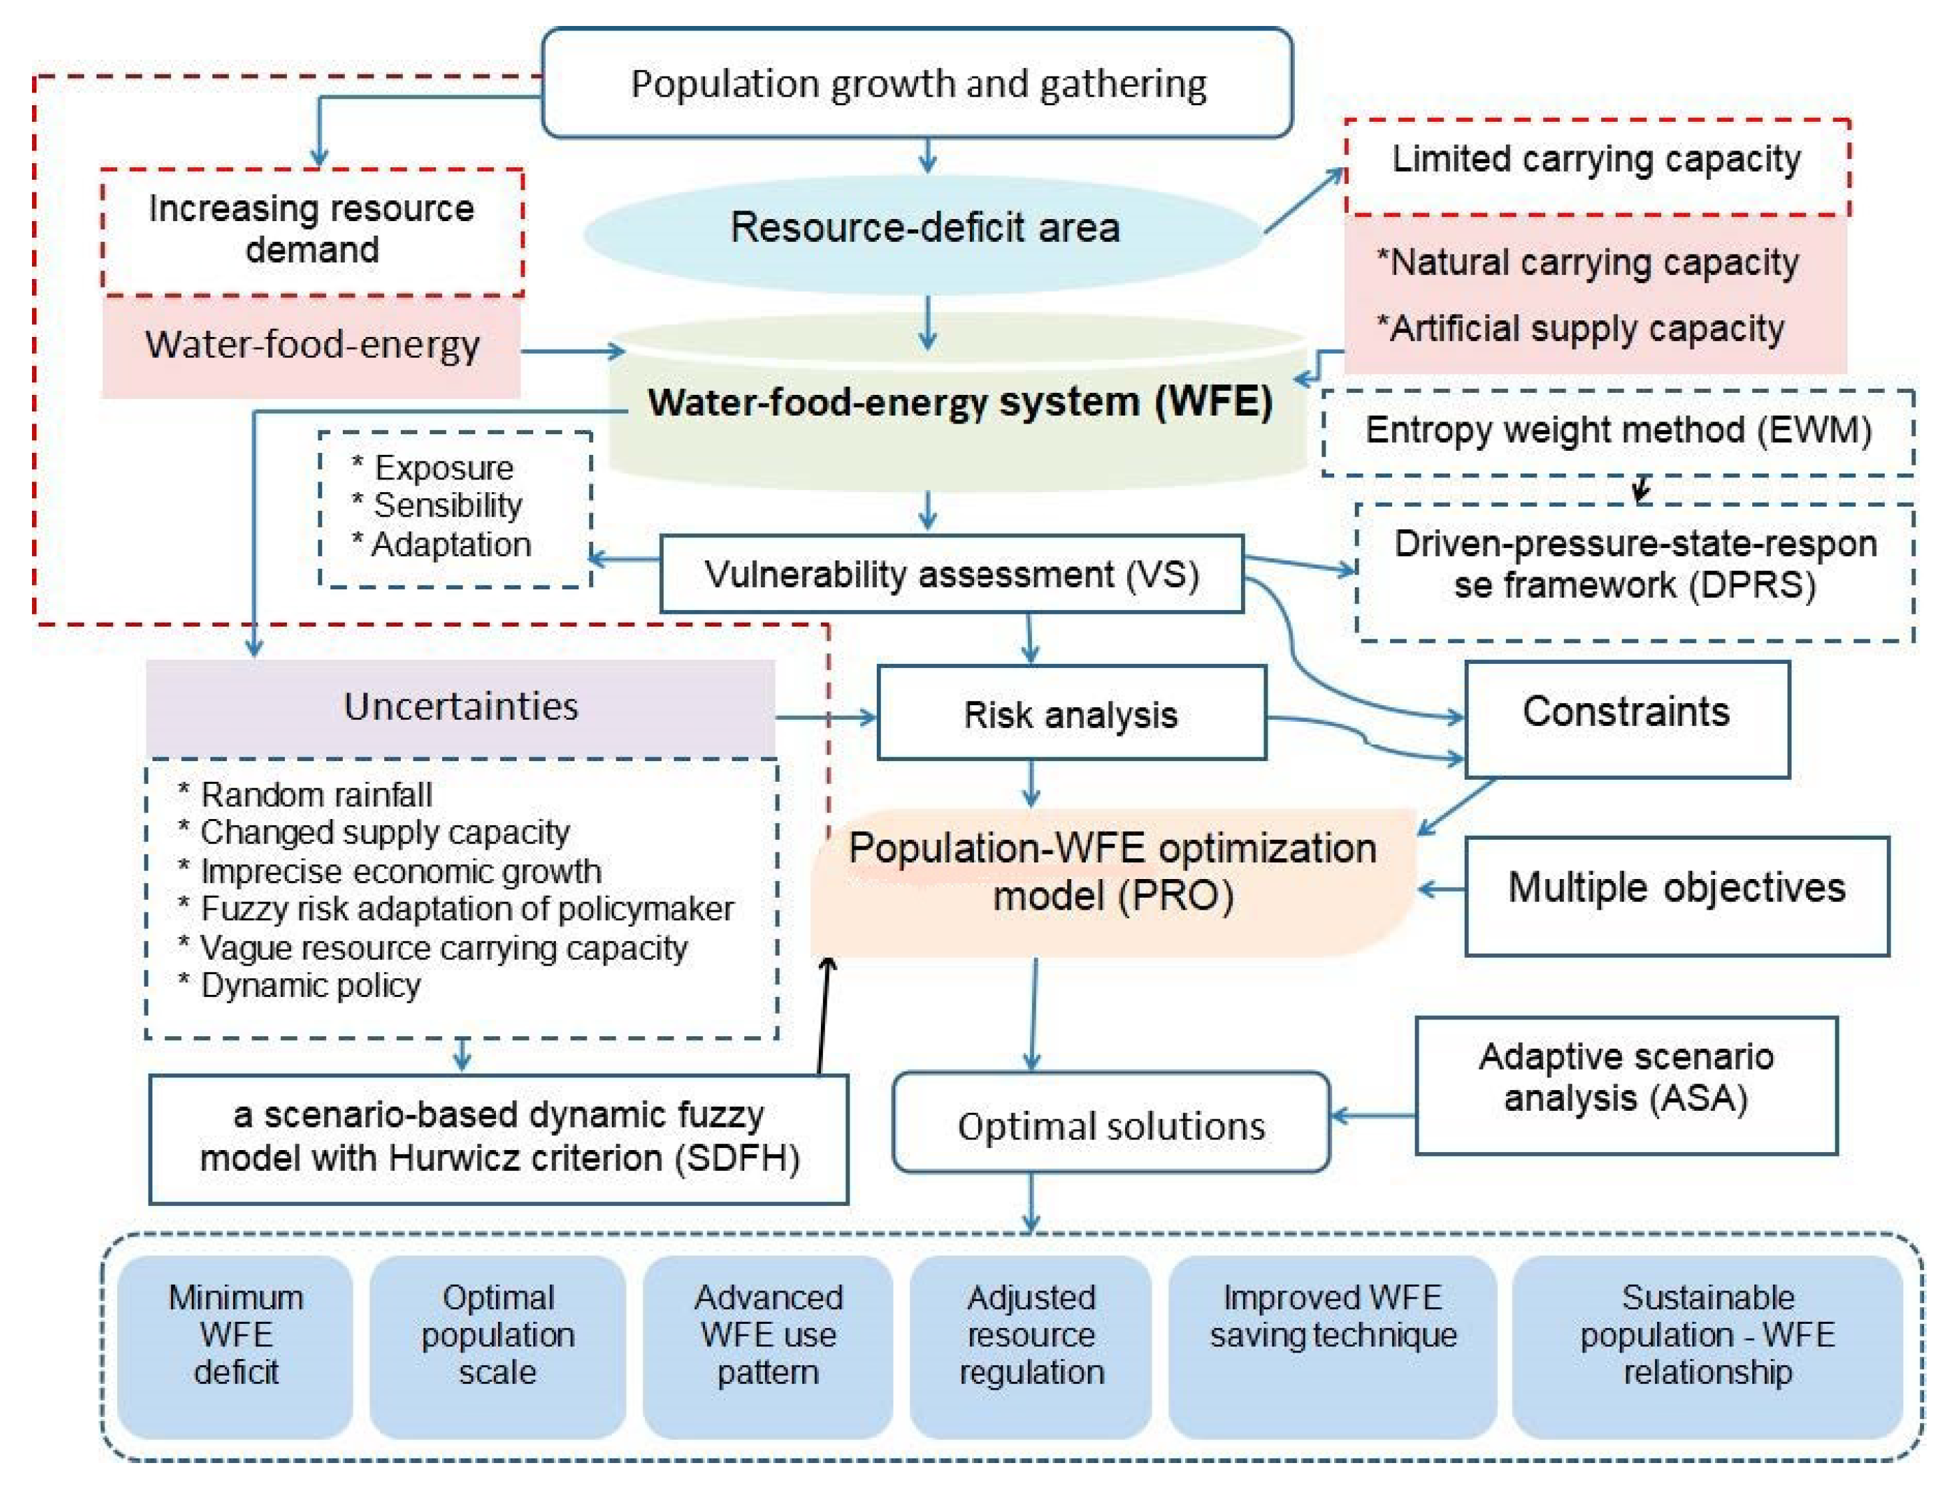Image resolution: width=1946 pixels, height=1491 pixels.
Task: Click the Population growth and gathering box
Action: (x=917, y=83)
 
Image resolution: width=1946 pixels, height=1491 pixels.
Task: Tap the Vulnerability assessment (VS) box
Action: (x=951, y=574)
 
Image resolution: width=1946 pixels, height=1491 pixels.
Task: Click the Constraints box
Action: (x=1626, y=719)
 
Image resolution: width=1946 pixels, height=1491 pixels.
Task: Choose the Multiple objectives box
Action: (x=1676, y=896)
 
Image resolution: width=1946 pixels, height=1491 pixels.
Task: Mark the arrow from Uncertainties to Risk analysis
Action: (x=826, y=717)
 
